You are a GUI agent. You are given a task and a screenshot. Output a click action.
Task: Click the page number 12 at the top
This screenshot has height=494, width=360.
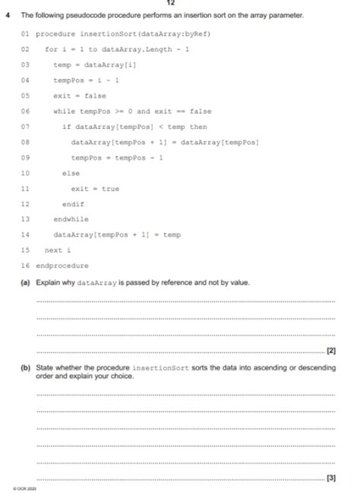pos(180,3)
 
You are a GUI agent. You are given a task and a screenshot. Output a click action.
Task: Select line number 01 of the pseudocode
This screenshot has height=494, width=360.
pos(25,34)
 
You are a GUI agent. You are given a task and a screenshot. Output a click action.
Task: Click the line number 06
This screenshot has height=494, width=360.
pos(25,112)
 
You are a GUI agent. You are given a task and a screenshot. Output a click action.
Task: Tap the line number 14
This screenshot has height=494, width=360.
pos(25,234)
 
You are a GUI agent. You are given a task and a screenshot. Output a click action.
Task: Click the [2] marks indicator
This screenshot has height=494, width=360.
pos(330,351)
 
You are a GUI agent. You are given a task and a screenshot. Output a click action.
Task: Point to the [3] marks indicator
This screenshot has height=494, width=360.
pos(330,477)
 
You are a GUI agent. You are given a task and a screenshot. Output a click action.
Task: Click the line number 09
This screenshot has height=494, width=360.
pos(25,157)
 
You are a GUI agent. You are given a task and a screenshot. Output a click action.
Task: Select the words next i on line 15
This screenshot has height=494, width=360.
pos(53,250)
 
